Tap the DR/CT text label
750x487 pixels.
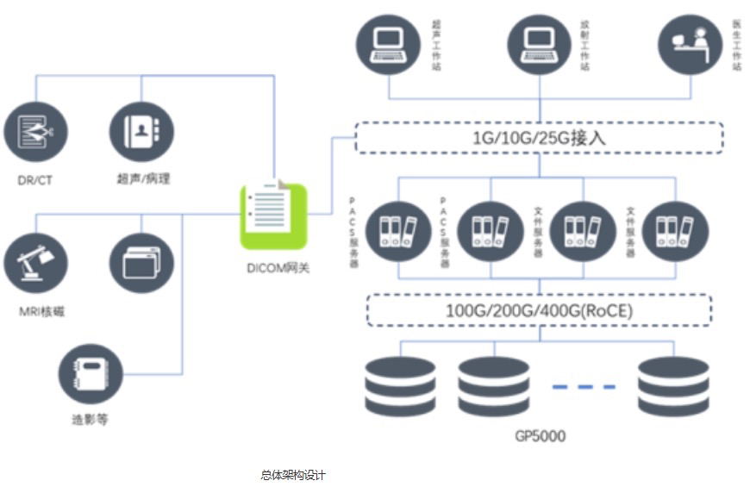34,178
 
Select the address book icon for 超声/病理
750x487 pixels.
141,133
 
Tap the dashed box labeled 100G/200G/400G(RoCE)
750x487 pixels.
539,309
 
